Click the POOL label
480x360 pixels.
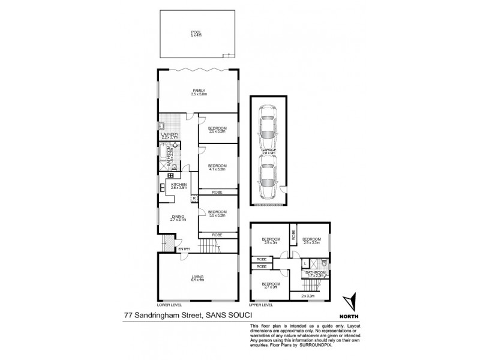click(x=195, y=32)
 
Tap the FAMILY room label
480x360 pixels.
click(x=199, y=91)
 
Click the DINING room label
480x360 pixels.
click(x=177, y=217)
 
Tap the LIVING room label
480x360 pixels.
click(x=198, y=277)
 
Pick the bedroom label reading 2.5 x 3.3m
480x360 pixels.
click(x=217, y=129)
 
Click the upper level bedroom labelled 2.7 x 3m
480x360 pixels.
click(x=271, y=285)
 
